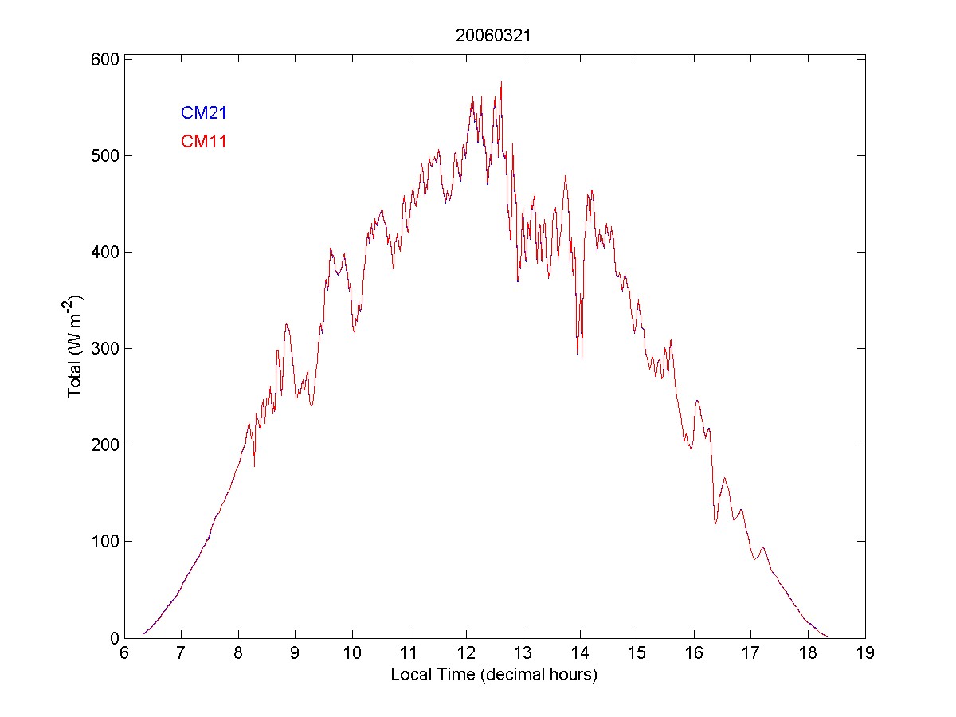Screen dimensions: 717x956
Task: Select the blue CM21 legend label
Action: pyautogui.click(x=204, y=113)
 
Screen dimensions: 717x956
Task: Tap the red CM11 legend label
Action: pyautogui.click(x=204, y=142)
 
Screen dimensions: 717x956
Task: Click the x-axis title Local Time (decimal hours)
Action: pyautogui.click(x=494, y=675)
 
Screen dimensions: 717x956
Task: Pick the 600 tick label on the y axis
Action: pyautogui.click(x=104, y=60)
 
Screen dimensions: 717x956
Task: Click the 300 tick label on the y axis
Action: pyautogui.click(x=104, y=349)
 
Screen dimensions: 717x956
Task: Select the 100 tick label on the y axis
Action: pyautogui.click(x=104, y=542)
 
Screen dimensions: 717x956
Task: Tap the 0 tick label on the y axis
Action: pyautogui.click(x=114, y=638)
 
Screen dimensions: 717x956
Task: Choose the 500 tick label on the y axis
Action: pyautogui.click(x=104, y=156)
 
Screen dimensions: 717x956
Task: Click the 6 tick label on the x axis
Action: pyautogui.click(x=124, y=653)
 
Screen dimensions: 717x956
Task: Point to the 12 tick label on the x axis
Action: pyautogui.click(x=466, y=653)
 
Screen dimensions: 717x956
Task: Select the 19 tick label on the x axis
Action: pyautogui.click(x=865, y=653)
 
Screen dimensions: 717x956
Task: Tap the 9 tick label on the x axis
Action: pyautogui.click(x=295, y=653)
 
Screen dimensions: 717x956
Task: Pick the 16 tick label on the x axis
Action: pyautogui.click(x=694, y=653)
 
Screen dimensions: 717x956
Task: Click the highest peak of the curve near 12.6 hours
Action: pyautogui.click(x=500, y=82)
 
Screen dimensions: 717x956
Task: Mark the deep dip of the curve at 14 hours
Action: pyautogui.click(x=582, y=356)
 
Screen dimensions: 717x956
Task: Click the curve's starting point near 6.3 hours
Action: pyautogui.click(x=143, y=634)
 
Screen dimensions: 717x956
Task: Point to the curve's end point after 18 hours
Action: pyautogui.click(x=827, y=636)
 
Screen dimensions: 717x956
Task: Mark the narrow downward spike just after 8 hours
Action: pyautogui.click(x=254, y=465)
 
